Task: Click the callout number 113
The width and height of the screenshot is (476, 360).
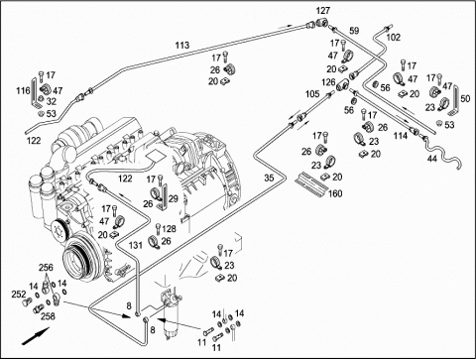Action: (182, 45)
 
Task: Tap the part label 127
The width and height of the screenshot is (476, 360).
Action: (323, 11)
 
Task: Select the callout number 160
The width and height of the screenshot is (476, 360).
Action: (335, 193)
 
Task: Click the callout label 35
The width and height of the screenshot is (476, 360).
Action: (269, 178)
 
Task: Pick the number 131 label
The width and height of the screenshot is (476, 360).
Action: (136, 245)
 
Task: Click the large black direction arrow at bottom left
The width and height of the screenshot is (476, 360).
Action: (36, 336)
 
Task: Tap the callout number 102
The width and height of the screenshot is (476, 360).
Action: (393, 38)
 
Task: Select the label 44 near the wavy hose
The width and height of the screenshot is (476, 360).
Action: (432, 159)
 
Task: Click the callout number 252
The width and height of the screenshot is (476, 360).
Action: (19, 294)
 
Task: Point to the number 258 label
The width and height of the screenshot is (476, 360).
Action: (48, 316)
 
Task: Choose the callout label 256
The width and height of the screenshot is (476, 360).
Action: (47, 268)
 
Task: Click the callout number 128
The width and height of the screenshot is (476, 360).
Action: (170, 229)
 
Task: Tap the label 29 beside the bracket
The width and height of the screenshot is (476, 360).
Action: (174, 199)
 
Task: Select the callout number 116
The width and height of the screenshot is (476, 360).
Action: (23, 90)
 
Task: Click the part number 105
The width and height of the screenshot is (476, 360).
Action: (312, 94)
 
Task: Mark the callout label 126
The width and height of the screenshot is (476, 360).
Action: (328, 82)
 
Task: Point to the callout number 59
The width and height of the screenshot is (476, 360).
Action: (354, 31)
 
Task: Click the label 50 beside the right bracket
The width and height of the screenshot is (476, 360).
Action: (465, 98)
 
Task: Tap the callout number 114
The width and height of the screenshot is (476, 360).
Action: (401, 135)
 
